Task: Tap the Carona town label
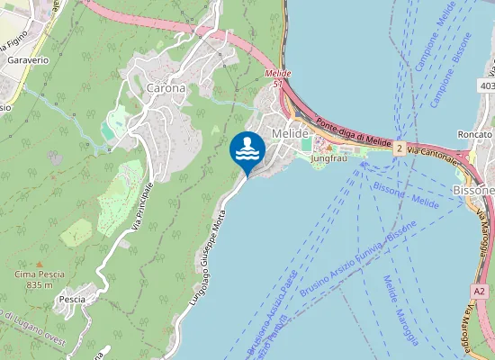166,88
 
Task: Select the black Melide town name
290,133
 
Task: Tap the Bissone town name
473,191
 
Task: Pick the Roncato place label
473,134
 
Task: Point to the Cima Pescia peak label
39,273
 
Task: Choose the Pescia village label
71,299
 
